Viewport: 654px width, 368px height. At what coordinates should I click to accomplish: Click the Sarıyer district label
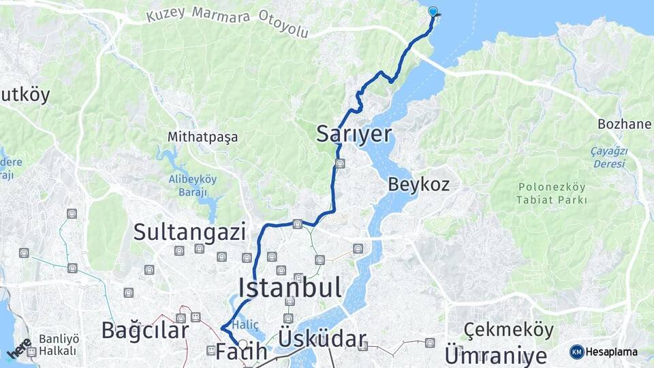(x=354, y=134)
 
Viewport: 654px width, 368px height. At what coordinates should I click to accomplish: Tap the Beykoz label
(x=419, y=184)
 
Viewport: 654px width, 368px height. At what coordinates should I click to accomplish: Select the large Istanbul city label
(x=290, y=288)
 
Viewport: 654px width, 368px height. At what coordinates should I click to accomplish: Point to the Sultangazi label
(x=189, y=232)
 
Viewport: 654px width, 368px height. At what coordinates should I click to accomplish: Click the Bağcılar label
(x=144, y=331)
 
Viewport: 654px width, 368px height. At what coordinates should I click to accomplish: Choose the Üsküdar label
(x=322, y=340)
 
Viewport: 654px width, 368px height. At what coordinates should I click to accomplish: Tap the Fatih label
(x=241, y=352)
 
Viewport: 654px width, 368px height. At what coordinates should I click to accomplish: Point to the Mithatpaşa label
(x=203, y=137)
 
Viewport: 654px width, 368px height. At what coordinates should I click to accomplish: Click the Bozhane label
(x=625, y=125)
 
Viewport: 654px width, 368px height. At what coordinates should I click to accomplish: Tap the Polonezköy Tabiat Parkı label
(x=551, y=194)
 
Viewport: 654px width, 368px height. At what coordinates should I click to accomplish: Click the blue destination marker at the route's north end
(x=433, y=12)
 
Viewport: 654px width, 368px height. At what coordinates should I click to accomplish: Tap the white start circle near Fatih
(x=243, y=343)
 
